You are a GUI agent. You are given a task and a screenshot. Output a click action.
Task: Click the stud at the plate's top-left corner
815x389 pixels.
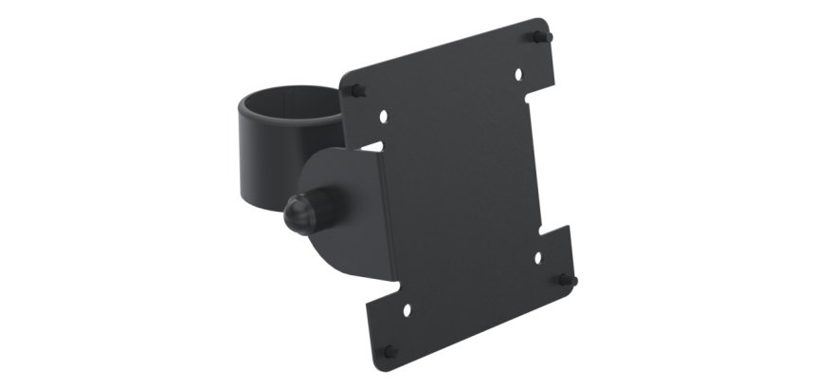click(356, 90)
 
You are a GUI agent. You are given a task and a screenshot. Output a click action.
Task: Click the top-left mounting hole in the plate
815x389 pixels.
click(384, 117)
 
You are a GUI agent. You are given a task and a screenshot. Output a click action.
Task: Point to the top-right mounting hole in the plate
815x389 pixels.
click(518, 73)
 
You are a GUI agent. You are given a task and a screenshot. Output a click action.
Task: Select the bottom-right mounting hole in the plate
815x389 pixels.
click(537, 256)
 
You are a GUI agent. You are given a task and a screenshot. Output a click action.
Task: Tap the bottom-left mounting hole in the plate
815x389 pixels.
click(408, 309)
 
